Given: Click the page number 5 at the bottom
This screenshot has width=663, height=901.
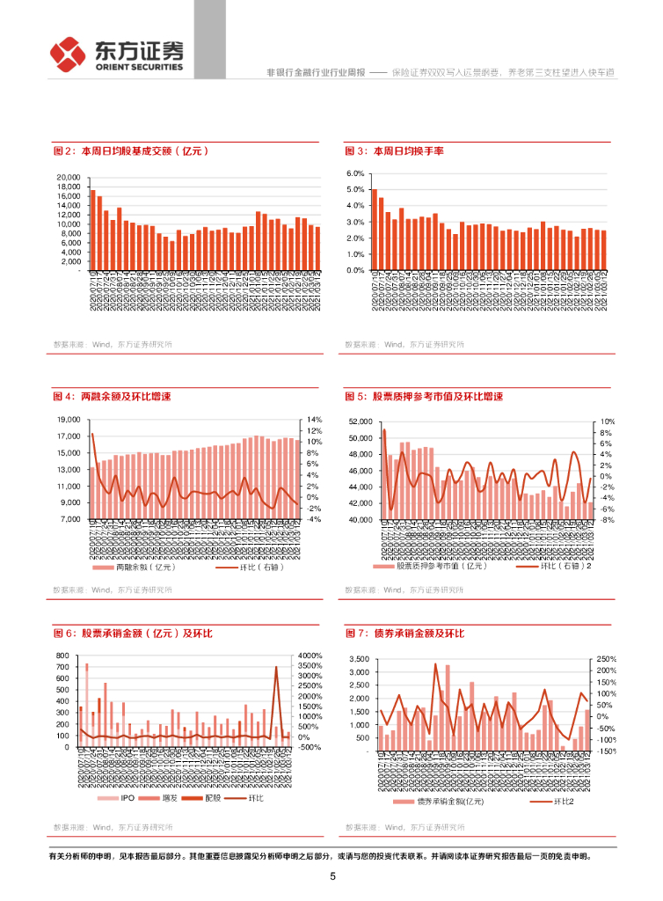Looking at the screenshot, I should click(332, 876).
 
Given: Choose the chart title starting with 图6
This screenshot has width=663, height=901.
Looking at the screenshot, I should click(133, 634).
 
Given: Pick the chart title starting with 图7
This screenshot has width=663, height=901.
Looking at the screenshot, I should click(404, 634).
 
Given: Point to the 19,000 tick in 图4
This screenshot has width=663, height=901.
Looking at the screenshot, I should click(69, 420).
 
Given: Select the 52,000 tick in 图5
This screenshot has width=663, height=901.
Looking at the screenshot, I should click(361, 421).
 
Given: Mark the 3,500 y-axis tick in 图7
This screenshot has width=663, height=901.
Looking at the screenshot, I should click(362, 659).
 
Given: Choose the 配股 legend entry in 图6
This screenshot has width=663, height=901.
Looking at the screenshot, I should click(211, 798).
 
